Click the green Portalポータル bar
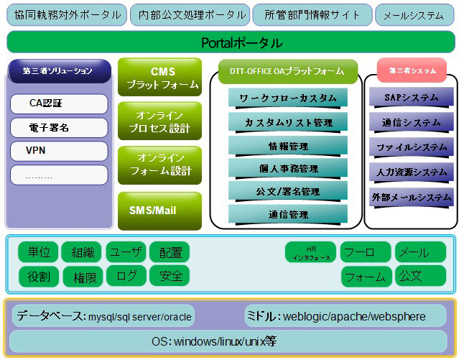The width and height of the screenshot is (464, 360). click(x=231, y=42)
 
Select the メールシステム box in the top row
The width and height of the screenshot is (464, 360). click(x=414, y=15)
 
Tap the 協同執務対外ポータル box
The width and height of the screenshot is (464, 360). click(x=67, y=15)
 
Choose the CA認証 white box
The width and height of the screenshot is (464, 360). click(x=59, y=103)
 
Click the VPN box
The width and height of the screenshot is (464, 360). click(x=59, y=151)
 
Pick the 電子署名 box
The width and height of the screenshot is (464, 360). click(x=59, y=128)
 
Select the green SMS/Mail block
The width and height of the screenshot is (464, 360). click(x=159, y=211)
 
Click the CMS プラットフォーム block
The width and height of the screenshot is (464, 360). click(x=159, y=77)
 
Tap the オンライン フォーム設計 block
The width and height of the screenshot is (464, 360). click(x=159, y=165)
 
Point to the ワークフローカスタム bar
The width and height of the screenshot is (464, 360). click(x=288, y=98)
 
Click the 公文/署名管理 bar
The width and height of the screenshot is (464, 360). click(x=288, y=192)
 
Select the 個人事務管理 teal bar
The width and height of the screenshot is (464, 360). click(x=288, y=168)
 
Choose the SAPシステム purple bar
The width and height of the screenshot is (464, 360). click(x=412, y=98)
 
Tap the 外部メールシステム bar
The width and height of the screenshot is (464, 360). click(x=412, y=198)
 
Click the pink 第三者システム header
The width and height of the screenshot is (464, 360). click(x=412, y=70)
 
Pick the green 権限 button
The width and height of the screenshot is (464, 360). click(x=83, y=277)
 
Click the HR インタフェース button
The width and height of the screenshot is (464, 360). click(x=311, y=252)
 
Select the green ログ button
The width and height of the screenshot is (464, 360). click(x=126, y=276)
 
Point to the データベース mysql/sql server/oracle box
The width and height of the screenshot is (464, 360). click(x=103, y=316)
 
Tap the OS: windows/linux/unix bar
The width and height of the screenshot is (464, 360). click(x=228, y=341)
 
